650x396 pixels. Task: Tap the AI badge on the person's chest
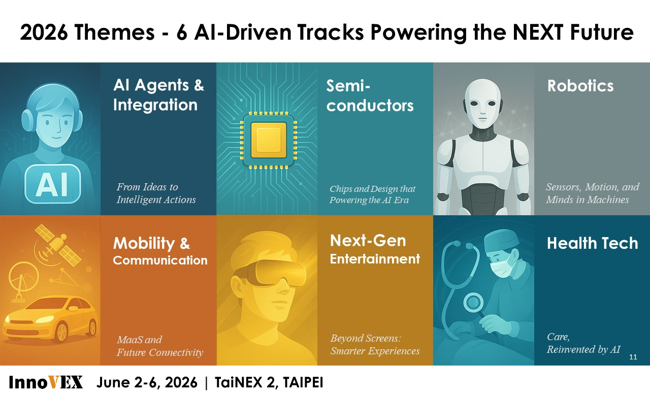(52, 184)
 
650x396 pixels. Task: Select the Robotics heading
(580, 86)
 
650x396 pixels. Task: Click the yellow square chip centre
(269, 140)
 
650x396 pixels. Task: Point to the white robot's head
(482, 102)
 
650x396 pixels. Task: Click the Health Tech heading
(593, 243)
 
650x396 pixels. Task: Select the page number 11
(633, 357)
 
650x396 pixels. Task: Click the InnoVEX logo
(46, 382)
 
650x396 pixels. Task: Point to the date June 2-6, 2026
(147, 382)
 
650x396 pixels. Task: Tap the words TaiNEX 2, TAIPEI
(269, 382)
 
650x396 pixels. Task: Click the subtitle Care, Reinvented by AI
(583, 343)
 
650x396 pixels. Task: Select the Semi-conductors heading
(370, 95)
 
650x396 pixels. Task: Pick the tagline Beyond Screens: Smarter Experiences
(375, 345)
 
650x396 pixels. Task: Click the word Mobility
(144, 243)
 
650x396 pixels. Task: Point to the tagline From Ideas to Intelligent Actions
(156, 193)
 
